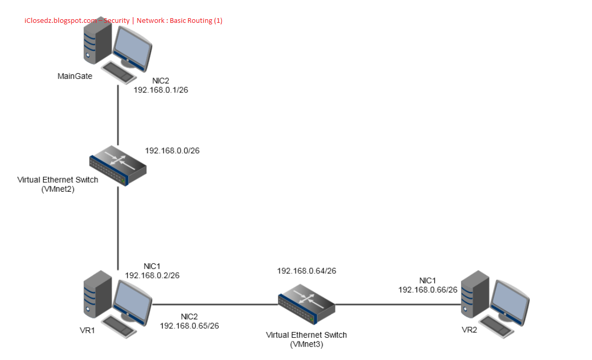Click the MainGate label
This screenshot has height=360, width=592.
75,76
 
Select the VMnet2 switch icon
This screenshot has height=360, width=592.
118,163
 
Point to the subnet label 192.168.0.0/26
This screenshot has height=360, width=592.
172,151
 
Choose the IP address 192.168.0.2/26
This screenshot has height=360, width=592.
152,275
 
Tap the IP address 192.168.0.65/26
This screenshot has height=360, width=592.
190,326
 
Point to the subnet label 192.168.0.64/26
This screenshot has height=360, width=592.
306,271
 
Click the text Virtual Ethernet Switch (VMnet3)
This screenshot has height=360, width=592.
306,339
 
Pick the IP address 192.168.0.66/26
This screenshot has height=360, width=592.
427,289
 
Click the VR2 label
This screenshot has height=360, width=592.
469,329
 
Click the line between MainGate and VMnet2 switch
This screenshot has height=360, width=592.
118,114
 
